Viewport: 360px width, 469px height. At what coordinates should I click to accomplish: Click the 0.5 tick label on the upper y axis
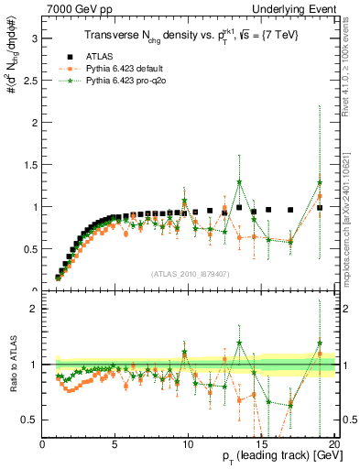(x=30, y=249)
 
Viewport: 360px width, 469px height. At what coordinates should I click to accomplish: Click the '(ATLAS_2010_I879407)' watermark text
(x=190, y=273)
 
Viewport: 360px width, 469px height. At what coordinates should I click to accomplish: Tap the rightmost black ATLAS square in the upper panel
(x=319, y=208)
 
